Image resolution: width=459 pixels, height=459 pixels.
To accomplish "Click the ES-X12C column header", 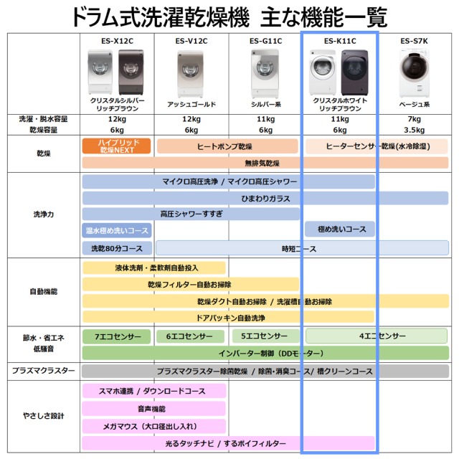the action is [x=117, y=41].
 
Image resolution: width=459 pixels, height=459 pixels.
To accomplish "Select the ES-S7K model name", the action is [x=414, y=41].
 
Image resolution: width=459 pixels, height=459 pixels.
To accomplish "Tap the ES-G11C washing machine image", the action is [x=265, y=73].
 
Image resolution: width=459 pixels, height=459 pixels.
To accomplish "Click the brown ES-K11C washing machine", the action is [x=354, y=72].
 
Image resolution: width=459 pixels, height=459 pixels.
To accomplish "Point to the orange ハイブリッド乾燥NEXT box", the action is [x=116, y=146].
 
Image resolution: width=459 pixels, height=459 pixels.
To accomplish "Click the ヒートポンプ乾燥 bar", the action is [x=227, y=146].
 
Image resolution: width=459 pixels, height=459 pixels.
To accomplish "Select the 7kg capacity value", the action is [x=414, y=119].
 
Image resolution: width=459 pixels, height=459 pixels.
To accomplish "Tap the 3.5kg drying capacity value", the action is [x=414, y=130].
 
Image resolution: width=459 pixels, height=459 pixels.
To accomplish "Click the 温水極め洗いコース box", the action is [x=117, y=230].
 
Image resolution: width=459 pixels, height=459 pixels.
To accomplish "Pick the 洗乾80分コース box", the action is [x=117, y=249].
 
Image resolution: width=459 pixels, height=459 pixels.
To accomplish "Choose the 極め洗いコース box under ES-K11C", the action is [x=339, y=229].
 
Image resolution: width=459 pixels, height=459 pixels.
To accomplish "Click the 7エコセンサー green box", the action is [x=117, y=336].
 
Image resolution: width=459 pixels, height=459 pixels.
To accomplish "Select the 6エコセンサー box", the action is [x=190, y=336].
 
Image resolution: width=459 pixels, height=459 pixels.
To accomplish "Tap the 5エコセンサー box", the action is [x=265, y=336].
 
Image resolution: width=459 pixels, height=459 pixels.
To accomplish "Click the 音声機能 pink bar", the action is [x=154, y=409].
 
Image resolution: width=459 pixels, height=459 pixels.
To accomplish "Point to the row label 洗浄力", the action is [x=43, y=214].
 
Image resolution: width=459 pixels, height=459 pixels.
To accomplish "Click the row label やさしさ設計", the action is [x=43, y=416].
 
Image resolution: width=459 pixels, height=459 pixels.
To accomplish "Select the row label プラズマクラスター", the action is [x=43, y=371].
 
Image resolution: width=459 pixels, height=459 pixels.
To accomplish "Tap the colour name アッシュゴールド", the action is [x=191, y=104].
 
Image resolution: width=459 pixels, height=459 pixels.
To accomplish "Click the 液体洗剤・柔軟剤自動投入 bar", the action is [x=154, y=268].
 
